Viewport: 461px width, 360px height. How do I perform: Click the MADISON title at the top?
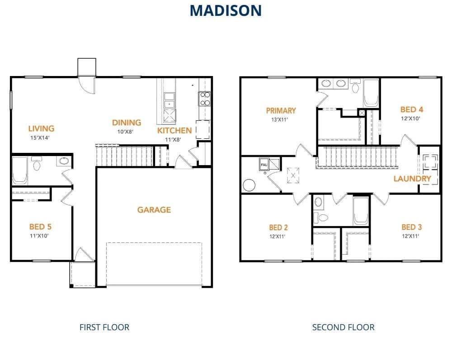point(226,10)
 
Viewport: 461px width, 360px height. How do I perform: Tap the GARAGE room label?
point(154,210)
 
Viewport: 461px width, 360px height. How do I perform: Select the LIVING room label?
point(41,129)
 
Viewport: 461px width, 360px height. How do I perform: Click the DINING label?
point(127,123)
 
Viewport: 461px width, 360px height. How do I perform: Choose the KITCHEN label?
point(174,131)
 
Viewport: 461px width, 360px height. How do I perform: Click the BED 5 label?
point(43,227)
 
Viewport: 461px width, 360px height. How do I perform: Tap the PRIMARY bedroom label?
point(281,111)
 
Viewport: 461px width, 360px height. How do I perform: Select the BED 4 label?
point(412,109)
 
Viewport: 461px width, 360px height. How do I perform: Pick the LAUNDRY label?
point(412,179)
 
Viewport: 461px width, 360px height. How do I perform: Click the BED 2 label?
point(278,227)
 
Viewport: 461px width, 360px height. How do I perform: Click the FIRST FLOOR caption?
point(104,327)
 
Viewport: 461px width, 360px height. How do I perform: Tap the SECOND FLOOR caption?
point(343,327)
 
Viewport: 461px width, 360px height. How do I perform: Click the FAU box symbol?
point(263,165)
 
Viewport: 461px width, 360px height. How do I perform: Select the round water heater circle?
point(249,185)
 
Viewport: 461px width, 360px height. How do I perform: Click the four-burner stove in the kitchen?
point(204,99)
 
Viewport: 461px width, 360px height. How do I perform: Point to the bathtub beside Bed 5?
point(19,171)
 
